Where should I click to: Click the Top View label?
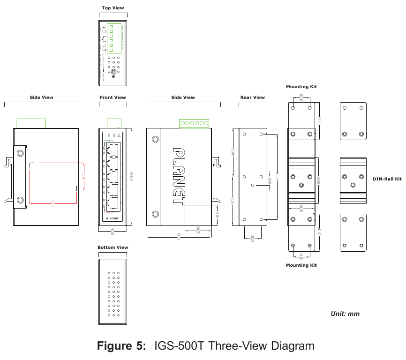[x=113, y=8]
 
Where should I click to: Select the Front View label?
[x=113, y=97]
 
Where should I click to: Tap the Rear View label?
[x=253, y=97]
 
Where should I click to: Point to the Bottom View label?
[x=113, y=247]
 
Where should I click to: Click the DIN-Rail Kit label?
[x=387, y=179]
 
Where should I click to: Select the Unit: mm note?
[x=345, y=314]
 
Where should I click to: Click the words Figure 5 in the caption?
[x=121, y=346]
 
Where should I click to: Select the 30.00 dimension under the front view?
[x=113, y=231]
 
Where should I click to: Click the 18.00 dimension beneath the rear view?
[x=253, y=238]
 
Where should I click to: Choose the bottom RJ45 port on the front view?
[x=113, y=202]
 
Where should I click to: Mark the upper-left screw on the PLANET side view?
[x=155, y=139]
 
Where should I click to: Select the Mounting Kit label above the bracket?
[x=301, y=87]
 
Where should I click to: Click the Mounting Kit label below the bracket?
[x=301, y=265]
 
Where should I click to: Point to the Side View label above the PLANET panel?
[x=183, y=97]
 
